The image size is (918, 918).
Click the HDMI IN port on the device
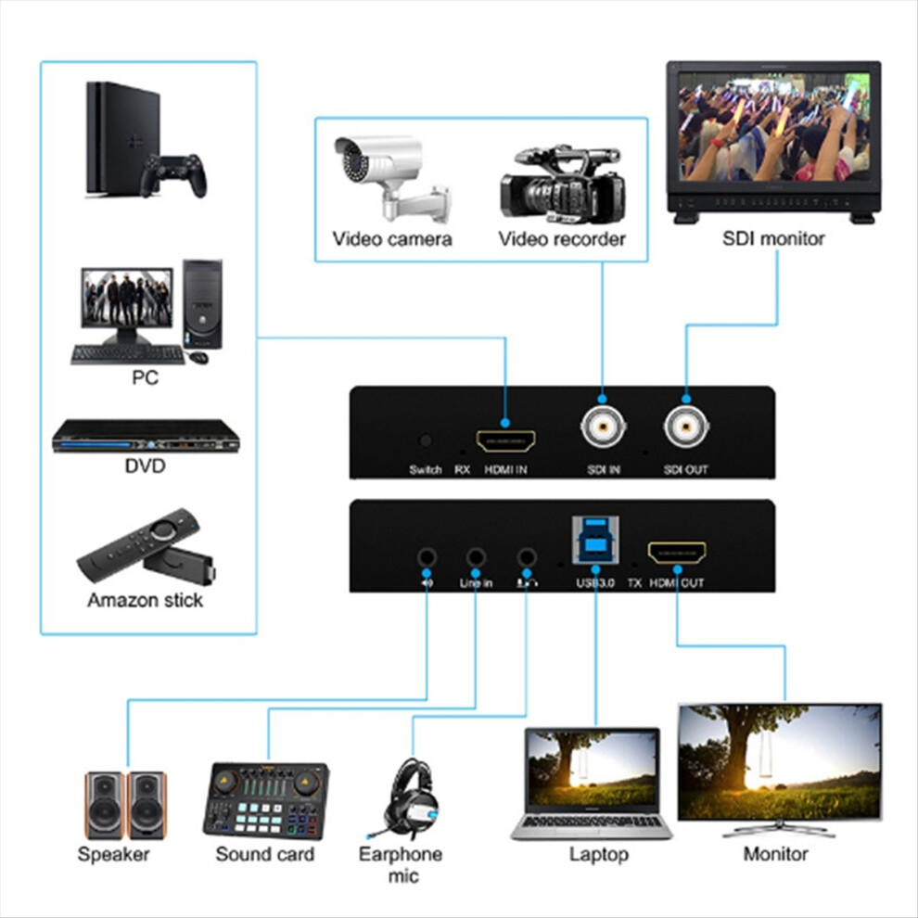pos(505,440)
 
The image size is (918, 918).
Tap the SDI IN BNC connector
pos(603,427)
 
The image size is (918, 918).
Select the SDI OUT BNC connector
pos(686,427)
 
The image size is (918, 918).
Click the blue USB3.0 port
pos(595,541)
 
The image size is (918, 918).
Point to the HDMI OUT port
pos(677,552)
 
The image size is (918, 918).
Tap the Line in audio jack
pos(476,556)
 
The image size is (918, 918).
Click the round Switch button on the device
pos(426,440)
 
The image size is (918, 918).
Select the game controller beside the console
pos(173,174)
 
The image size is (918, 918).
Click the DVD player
pos(146,436)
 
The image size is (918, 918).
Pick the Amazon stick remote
pos(138,545)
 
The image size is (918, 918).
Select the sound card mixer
pos(266,799)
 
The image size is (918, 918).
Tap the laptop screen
pos(593,770)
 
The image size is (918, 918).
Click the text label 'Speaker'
pos(113,854)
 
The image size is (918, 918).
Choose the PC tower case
pos(202,304)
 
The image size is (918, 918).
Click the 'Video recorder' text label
pos(561,239)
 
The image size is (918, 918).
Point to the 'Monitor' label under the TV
pos(776,854)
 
